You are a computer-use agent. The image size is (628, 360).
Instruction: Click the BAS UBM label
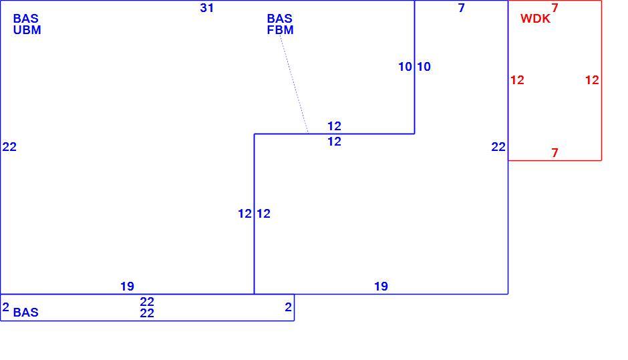coord(27,24)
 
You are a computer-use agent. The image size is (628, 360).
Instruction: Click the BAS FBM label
coord(280,24)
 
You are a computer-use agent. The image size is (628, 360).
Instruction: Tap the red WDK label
coord(535,19)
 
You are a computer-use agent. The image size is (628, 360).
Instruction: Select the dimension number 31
coord(206,8)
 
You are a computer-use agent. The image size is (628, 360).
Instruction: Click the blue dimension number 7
coord(462,8)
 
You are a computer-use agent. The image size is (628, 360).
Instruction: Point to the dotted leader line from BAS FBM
coord(294,84)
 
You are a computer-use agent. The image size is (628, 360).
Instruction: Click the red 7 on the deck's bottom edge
coord(555,152)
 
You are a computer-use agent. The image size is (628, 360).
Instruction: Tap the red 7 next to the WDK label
coord(555,7)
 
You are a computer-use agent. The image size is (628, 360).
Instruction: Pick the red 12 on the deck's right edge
coord(592,80)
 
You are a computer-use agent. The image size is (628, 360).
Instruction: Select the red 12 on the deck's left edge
coord(517,80)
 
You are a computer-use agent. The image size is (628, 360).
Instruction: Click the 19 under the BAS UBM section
coord(128,287)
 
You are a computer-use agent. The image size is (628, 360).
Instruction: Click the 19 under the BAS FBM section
coord(381,287)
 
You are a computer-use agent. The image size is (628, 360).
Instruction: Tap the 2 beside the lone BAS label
coord(5,307)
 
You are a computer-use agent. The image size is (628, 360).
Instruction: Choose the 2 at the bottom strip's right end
coord(289,307)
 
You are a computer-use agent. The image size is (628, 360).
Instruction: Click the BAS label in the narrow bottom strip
coord(25,313)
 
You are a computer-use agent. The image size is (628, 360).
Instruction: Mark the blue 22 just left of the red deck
coord(498,147)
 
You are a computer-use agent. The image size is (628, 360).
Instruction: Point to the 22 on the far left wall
coord(9,147)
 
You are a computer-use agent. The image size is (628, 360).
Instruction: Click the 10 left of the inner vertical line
coord(405,67)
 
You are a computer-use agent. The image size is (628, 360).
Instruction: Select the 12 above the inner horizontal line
coord(335,126)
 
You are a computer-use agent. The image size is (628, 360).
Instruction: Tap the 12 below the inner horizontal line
coord(335,142)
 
